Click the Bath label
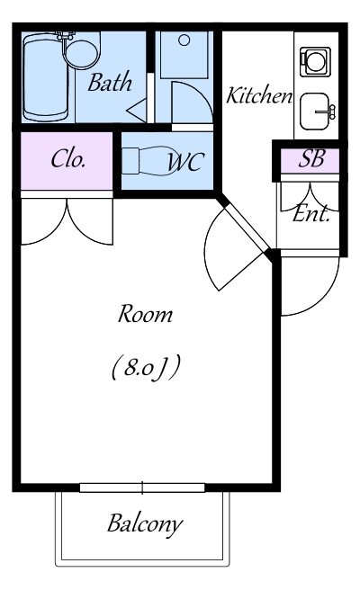tap(110, 82)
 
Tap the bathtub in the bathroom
tap(45, 77)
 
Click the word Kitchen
tap(259, 95)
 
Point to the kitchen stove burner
tap(315, 60)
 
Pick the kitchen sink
tap(315, 112)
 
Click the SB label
tap(311, 159)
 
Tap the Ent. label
tap(311, 214)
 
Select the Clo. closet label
tap(67, 159)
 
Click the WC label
tap(186, 163)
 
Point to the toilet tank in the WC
tap(130, 161)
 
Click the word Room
tap(146, 314)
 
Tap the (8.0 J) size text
tap(146, 368)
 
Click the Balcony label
tap(145, 523)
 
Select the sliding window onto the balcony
tap(142, 488)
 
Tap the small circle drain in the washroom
tap(184, 40)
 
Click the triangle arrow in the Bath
tap(136, 111)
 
